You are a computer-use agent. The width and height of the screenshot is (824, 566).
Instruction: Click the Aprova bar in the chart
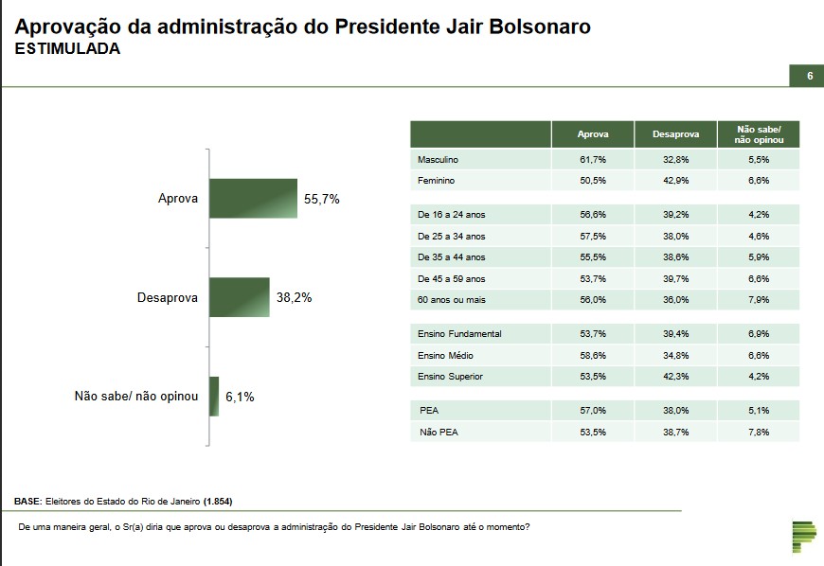point(253,199)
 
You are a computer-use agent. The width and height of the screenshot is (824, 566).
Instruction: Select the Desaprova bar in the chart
point(240,297)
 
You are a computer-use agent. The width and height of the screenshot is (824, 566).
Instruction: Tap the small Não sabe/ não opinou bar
point(214,397)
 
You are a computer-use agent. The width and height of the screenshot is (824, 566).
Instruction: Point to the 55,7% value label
point(321,200)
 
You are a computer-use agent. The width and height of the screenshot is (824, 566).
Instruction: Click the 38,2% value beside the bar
point(294,297)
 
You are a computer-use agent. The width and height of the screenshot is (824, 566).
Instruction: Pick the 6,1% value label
point(241,398)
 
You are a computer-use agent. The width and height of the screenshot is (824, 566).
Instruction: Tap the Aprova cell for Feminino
point(593,180)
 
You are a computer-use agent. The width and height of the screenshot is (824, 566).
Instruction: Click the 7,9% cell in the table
point(757,299)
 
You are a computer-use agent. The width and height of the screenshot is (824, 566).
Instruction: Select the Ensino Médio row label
point(445,355)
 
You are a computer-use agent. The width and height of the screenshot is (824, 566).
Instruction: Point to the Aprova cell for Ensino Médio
point(593,355)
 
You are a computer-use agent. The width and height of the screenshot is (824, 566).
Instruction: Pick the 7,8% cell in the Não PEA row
point(757,432)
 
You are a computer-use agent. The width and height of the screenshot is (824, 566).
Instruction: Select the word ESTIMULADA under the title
point(67,49)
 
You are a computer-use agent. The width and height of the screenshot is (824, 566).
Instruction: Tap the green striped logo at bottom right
point(803,537)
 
